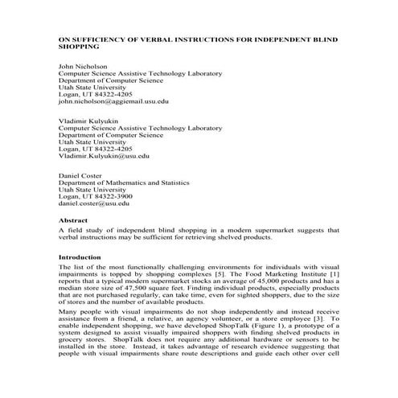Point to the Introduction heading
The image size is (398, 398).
pyautogui.click(x=80, y=258)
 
